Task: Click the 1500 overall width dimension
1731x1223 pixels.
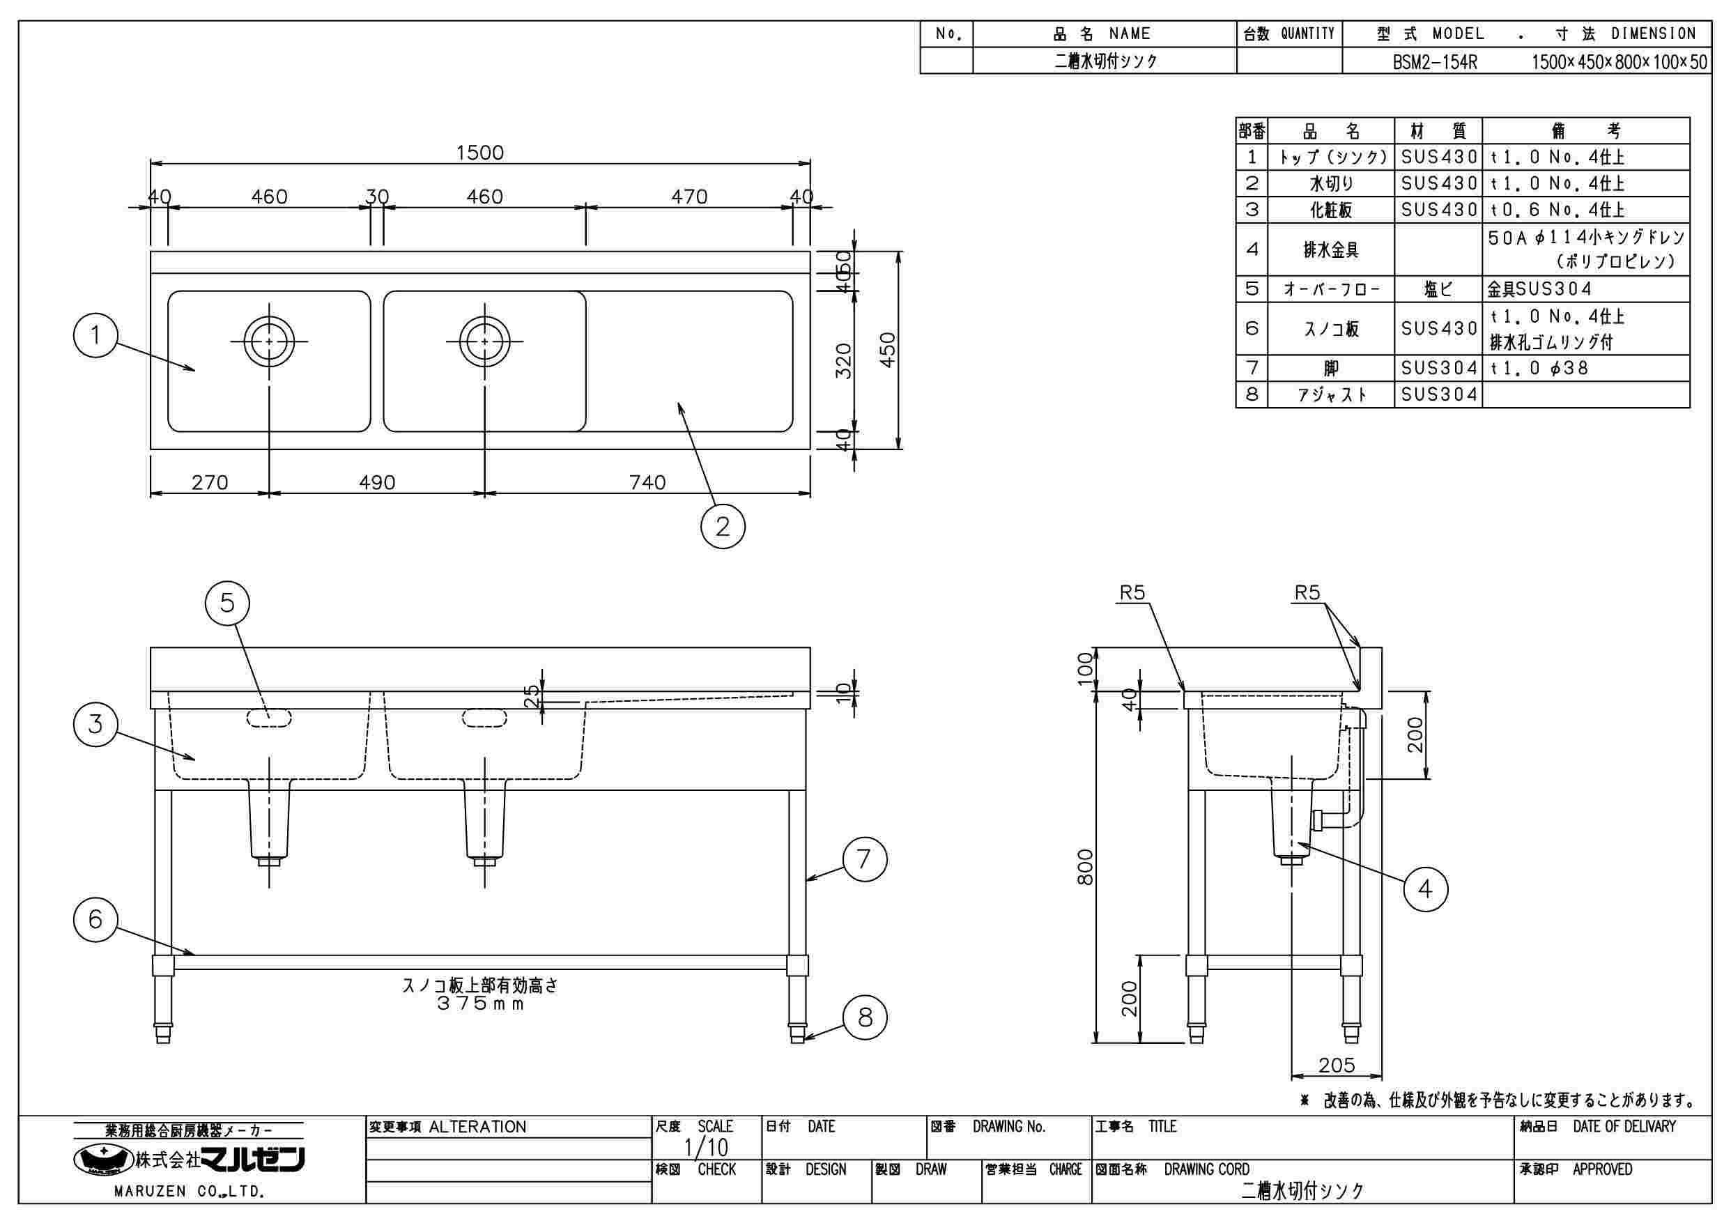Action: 479,153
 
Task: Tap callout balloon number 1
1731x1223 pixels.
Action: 95,334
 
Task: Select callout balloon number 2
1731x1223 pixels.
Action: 722,526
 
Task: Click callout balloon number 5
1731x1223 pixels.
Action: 227,603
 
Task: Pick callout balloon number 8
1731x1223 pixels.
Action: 865,1017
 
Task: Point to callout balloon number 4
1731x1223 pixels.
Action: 1425,890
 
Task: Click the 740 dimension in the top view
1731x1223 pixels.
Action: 647,482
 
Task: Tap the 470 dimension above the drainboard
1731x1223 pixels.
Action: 689,197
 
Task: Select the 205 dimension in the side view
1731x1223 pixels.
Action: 1337,1065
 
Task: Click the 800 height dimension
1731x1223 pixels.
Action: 1084,867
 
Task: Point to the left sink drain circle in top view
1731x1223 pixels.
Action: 269,341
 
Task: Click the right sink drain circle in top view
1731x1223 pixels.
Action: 484,341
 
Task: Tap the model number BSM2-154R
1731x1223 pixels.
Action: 1435,62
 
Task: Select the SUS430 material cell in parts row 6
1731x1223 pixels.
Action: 1438,328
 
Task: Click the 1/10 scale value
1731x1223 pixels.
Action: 707,1148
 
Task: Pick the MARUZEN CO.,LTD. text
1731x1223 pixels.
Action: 188,1192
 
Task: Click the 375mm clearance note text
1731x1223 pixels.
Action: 479,1004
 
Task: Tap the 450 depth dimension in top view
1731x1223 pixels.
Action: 888,350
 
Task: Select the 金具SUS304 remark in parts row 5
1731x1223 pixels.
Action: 1539,289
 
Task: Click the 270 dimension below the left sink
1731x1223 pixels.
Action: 210,482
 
